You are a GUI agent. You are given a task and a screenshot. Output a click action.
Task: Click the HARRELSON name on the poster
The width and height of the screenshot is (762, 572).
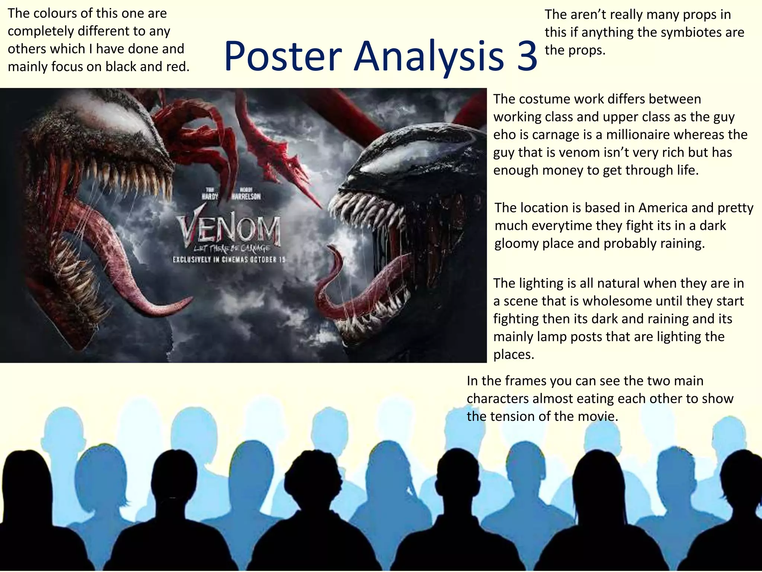(x=246, y=196)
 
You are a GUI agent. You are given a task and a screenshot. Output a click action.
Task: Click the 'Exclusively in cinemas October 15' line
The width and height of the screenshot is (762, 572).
(x=229, y=260)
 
